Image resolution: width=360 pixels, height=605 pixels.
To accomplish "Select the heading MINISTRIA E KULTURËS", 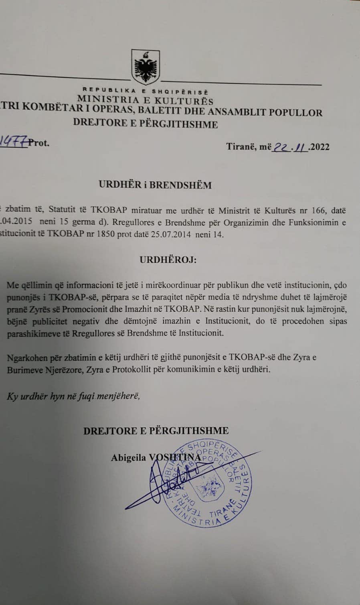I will (x=146, y=100).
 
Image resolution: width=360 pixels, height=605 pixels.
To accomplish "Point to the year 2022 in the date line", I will (x=320, y=146).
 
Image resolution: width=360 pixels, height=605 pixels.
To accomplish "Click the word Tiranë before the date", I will (x=239, y=146).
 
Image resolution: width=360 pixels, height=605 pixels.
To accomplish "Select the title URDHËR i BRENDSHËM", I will (x=155, y=185).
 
